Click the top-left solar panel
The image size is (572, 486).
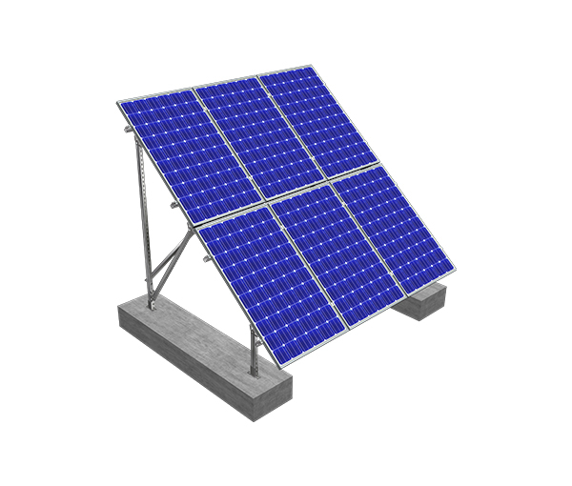(176, 152)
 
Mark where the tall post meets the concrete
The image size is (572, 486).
(152, 303)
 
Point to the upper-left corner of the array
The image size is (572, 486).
(118, 101)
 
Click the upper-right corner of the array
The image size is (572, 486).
(311, 66)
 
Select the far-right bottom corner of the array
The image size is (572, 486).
(454, 270)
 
